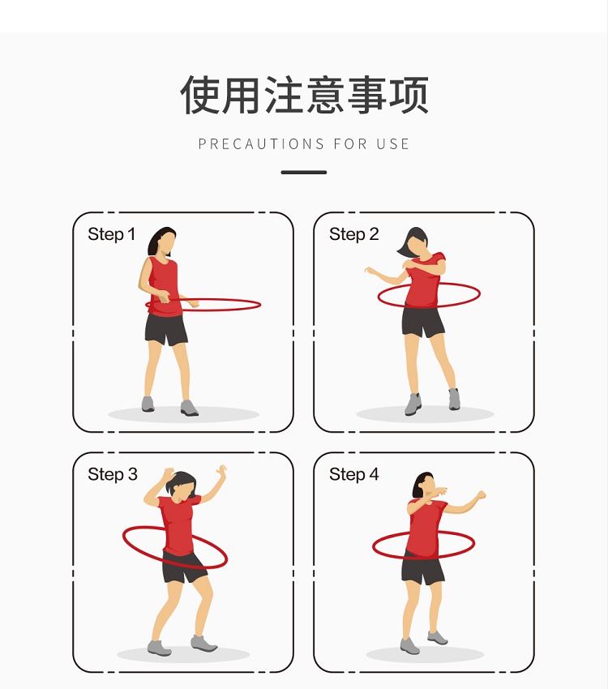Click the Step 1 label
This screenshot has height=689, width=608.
[111, 234]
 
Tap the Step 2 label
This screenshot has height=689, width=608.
[353, 234]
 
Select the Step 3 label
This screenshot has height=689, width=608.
[113, 474]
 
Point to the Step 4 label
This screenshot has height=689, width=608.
[353, 474]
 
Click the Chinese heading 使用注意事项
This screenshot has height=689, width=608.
[304, 95]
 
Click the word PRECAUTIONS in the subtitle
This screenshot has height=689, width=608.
[261, 144]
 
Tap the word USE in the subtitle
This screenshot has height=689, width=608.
[392, 144]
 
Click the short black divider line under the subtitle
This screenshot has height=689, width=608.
[304, 172]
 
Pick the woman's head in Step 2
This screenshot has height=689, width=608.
[413, 242]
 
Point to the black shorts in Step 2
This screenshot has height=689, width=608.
[422, 322]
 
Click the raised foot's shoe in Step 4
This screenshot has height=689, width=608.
[438, 637]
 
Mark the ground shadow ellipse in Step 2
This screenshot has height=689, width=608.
[426, 414]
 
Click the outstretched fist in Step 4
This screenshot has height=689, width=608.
[481, 495]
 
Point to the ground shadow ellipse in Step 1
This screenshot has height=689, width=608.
[184, 414]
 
